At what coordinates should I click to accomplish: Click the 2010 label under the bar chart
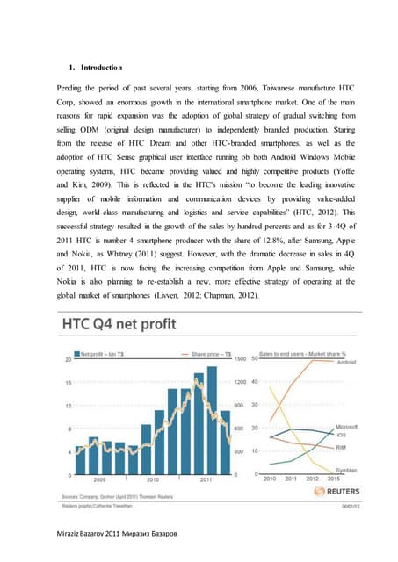pyautogui.click(x=152, y=480)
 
